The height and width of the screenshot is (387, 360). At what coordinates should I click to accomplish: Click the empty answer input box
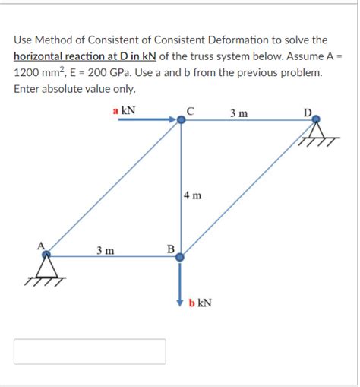click(90, 351)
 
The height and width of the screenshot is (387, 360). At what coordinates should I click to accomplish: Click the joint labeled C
click(181, 119)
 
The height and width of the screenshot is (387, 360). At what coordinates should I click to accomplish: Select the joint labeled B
click(180, 257)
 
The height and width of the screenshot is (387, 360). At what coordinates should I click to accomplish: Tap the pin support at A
click(48, 268)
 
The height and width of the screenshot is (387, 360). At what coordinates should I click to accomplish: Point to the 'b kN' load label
click(200, 303)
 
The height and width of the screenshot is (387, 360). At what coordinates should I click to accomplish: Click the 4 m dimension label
click(192, 195)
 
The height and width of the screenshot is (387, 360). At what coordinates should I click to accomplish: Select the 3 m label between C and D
click(238, 114)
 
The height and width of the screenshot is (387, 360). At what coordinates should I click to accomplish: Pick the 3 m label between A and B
click(106, 250)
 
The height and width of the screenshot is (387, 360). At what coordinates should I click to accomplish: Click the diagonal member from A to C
click(114, 188)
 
